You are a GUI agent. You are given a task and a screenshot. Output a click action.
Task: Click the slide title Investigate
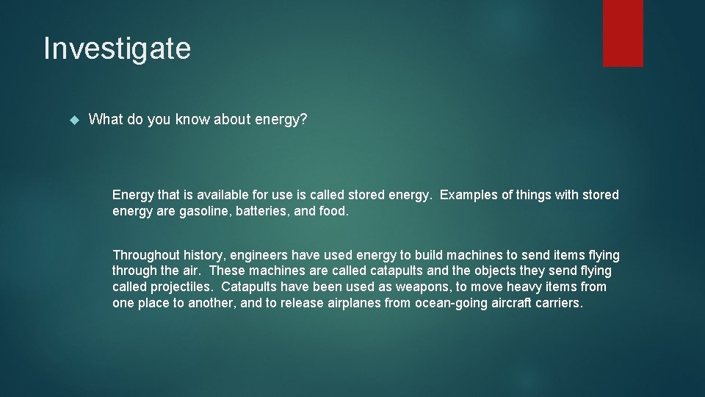(117, 49)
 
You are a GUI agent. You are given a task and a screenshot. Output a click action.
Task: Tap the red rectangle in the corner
(623, 32)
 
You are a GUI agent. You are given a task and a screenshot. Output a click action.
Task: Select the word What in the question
(106, 119)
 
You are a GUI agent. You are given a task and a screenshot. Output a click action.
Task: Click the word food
(335, 211)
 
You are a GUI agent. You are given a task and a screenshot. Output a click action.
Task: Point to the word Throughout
(145, 255)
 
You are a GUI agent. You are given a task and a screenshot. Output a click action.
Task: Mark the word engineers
(259, 255)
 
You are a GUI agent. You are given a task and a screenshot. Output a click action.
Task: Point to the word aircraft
(514, 303)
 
